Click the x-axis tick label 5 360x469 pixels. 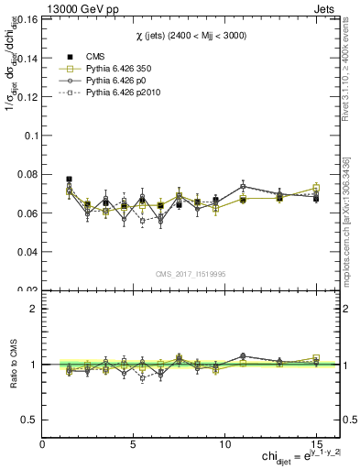[134, 443]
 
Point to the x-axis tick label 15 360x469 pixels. [316, 443]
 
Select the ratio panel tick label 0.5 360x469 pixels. [29, 420]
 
